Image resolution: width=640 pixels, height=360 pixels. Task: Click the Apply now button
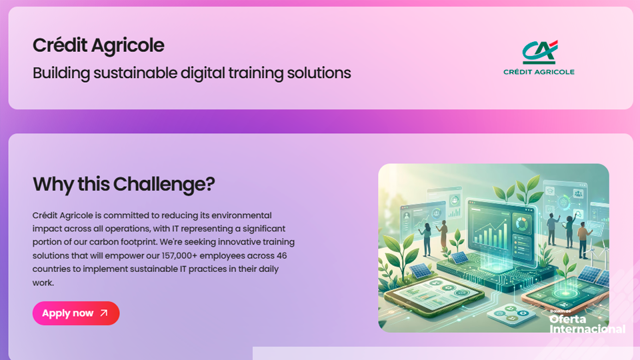coord(75,313)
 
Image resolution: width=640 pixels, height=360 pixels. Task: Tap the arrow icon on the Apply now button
coord(103,313)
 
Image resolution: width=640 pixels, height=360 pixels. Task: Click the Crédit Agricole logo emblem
coord(539,51)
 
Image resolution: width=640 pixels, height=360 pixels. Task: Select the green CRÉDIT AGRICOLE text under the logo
coord(539,72)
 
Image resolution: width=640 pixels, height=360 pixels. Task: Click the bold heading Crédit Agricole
coord(98,45)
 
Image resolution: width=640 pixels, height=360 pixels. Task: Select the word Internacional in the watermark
coord(587,329)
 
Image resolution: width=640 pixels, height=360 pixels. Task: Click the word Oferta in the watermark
coord(567,319)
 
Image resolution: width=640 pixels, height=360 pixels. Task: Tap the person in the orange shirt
coord(583,238)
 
